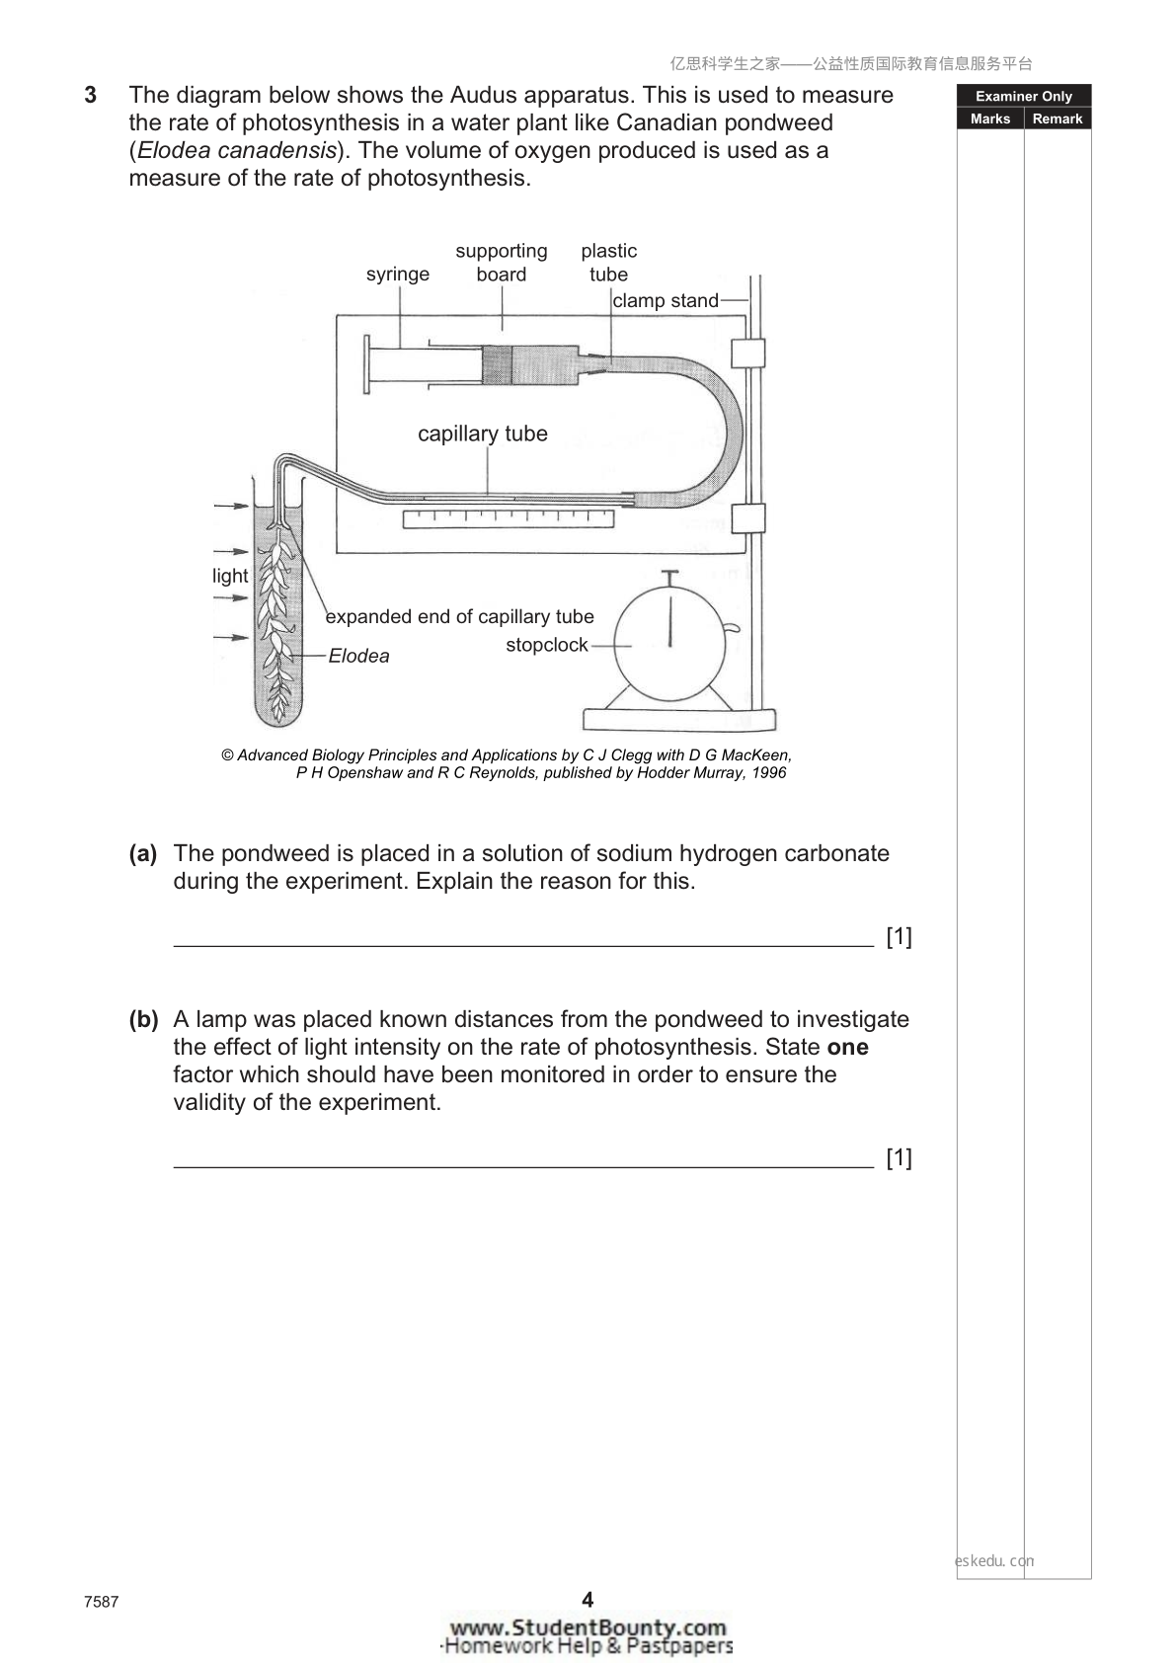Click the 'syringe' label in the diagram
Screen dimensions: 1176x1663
pos(397,275)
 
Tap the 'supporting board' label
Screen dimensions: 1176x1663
pos(502,262)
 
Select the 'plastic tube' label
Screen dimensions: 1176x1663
pos(609,262)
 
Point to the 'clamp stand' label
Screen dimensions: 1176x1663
pos(666,300)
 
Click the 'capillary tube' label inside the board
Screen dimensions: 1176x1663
pos(483,434)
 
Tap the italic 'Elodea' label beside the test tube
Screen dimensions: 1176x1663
pos(358,656)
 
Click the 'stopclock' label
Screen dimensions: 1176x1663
pos(546,645)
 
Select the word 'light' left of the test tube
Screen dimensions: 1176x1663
pos(230,576)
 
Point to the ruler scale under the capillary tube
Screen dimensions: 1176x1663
pos(509,518)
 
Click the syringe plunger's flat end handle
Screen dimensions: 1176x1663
pos(366,364)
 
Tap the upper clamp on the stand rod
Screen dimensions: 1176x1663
pos(747,354)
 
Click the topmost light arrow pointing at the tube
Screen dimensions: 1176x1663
pos(232,507)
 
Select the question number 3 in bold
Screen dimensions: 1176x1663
pos(91,95)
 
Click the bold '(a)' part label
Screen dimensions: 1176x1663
pos(142,854)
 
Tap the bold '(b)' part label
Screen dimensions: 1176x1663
pos(143,1020)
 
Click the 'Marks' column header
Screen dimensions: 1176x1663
pos(989,119)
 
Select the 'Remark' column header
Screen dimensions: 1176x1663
pos(1058,119)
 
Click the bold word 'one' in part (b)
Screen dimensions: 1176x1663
pos(848,1048)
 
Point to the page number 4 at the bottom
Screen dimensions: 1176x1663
pos(588,1599)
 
